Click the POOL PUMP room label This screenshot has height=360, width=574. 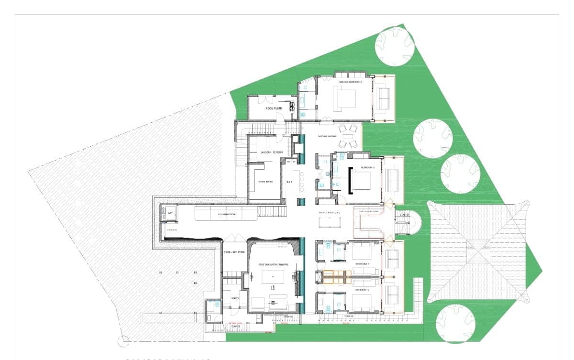tap(274, 109)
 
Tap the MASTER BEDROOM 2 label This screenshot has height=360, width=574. tap(350, 82)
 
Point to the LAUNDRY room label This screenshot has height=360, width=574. tap(272, 153)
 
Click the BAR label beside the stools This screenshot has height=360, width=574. tap(289, 182)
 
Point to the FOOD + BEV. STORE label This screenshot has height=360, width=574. tap(234, 252)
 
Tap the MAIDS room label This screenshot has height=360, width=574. tap(235, 298)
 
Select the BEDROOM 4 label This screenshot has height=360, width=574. tap(362, 263)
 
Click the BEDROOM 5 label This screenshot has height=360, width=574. tap(362, 290)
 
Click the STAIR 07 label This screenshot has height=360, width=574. tap(404, 215)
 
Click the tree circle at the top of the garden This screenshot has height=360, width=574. tap(395, 46)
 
